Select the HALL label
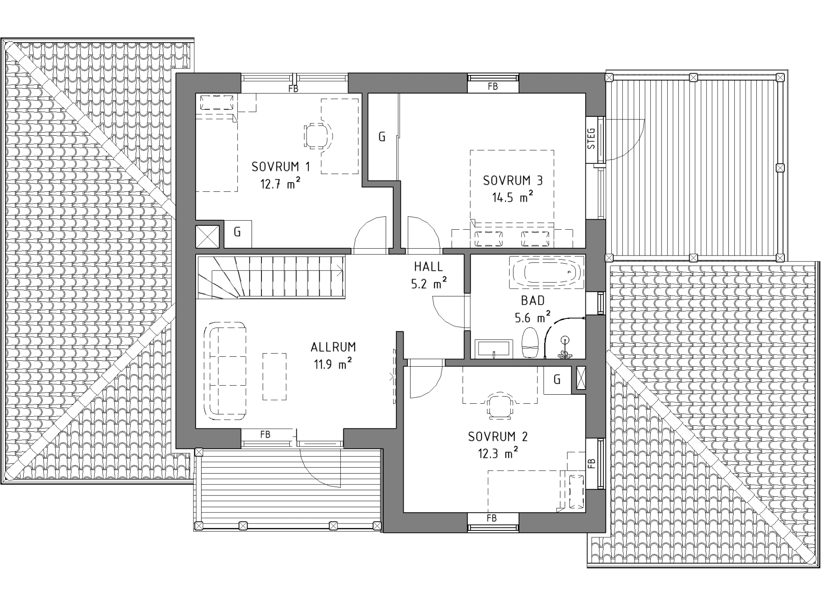429,267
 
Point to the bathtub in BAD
547,272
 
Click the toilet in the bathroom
530,343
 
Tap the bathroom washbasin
494,349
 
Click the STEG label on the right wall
592,138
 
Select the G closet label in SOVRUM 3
382,137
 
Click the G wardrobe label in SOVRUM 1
237,232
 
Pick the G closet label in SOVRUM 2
557,380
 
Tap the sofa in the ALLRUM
224,370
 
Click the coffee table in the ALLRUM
275,376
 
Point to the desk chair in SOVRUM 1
318,136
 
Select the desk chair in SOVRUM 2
500,405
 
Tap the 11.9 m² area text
333,364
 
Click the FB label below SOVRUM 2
492,518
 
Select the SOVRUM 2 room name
497,437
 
